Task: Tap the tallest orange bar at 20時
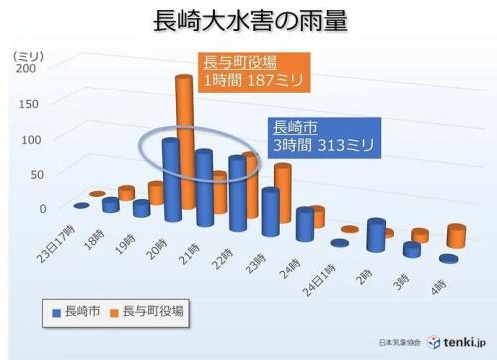[184, 129]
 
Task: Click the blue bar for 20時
[171, 179]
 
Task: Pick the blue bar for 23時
[270, 212]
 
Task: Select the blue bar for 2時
[375, 235]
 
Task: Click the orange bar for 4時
[457, 236]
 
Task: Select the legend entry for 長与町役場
[149, 312]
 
